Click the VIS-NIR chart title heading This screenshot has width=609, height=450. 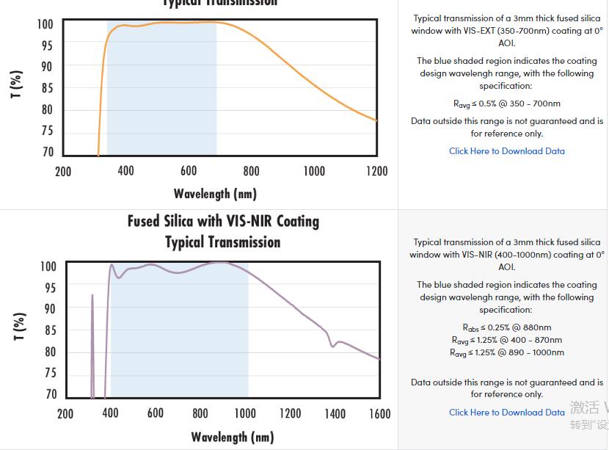point(223,231)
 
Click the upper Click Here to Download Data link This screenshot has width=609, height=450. point(507,151)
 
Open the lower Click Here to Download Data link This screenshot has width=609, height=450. point(507,413)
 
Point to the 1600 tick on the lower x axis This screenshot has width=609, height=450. point(379,414)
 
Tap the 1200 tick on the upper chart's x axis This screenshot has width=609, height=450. point(376,171)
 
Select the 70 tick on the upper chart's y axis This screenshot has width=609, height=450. point(47,153)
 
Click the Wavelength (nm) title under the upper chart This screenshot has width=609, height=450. point(215,194)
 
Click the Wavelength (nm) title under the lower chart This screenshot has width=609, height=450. point(233,437)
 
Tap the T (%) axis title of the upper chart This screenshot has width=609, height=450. point(17,84)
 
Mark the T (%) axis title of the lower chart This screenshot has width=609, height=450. point(20,327)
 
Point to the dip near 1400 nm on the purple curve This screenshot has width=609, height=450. point(333,345)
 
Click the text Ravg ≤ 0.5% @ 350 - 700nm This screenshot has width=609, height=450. point(507,104)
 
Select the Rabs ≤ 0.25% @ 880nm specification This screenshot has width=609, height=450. point(507,327)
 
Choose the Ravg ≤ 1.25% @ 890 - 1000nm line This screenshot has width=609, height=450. point(507,352)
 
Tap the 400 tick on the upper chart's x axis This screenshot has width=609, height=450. point(126,171)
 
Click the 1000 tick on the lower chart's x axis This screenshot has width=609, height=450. point(245,414)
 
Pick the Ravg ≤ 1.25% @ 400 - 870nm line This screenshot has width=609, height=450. point(507,340)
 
